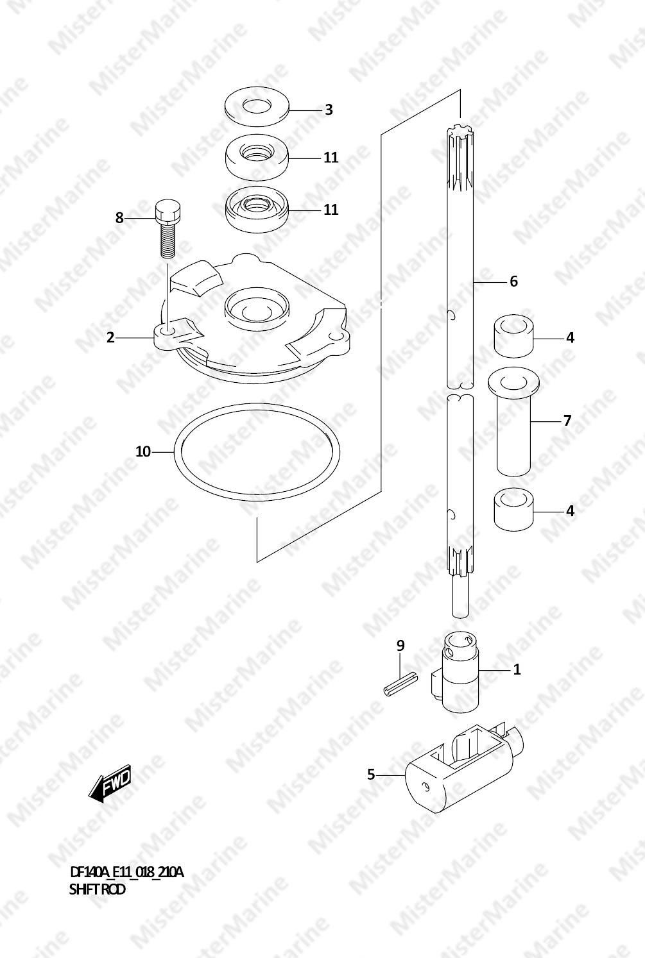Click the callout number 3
[x=329, y=110]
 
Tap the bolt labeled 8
[x=167, y=229]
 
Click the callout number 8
[x=119, y=218]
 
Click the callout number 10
[x=143, y=451]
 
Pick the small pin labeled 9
[x=400, y=685]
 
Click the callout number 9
[x=400, y=645]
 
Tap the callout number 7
[x=567, y=421]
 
